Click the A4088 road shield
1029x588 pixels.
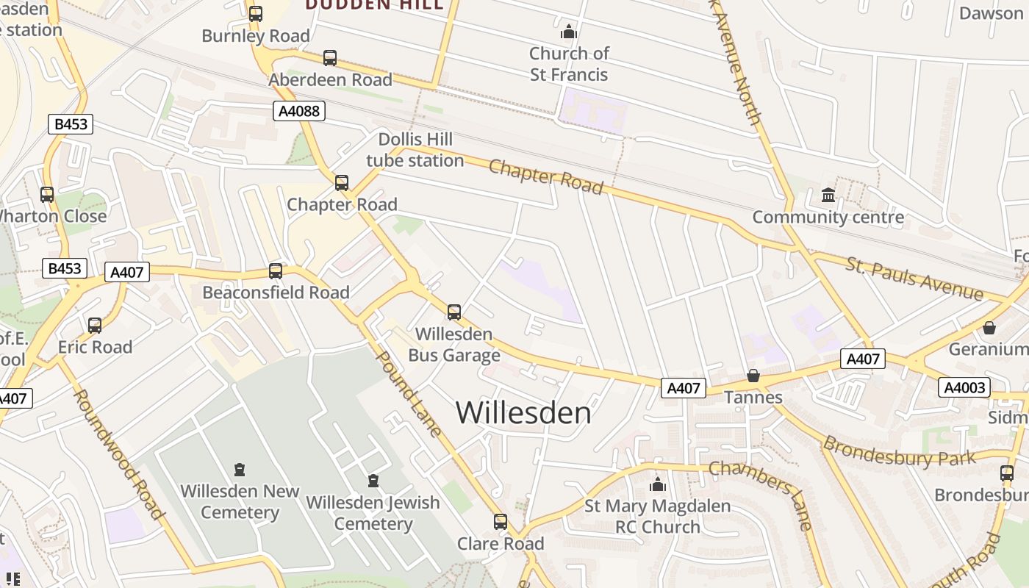(299, 111)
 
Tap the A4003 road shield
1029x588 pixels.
(964, 387)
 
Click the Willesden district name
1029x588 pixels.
(523, 412)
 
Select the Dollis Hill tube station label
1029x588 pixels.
(415, 150)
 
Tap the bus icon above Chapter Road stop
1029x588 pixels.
(342, 183)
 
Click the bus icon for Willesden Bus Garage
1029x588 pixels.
(454, 312)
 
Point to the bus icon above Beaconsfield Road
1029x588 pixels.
(276, 271)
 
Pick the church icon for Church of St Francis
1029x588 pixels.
(569, 32)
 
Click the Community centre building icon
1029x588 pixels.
(828, 196)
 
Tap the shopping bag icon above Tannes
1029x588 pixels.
(753, 376)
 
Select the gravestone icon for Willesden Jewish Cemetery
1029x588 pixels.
(373, 481)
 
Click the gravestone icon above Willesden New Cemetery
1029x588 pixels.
(240, 469)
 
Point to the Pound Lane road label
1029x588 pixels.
(409, 393)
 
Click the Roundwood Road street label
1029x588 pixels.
(118, 453)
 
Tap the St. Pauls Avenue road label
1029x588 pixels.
(914, 279)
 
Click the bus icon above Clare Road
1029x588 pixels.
(501, 522)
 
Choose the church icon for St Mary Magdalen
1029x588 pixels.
(658, 484)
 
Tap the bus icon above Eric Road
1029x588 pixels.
(95, 326)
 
